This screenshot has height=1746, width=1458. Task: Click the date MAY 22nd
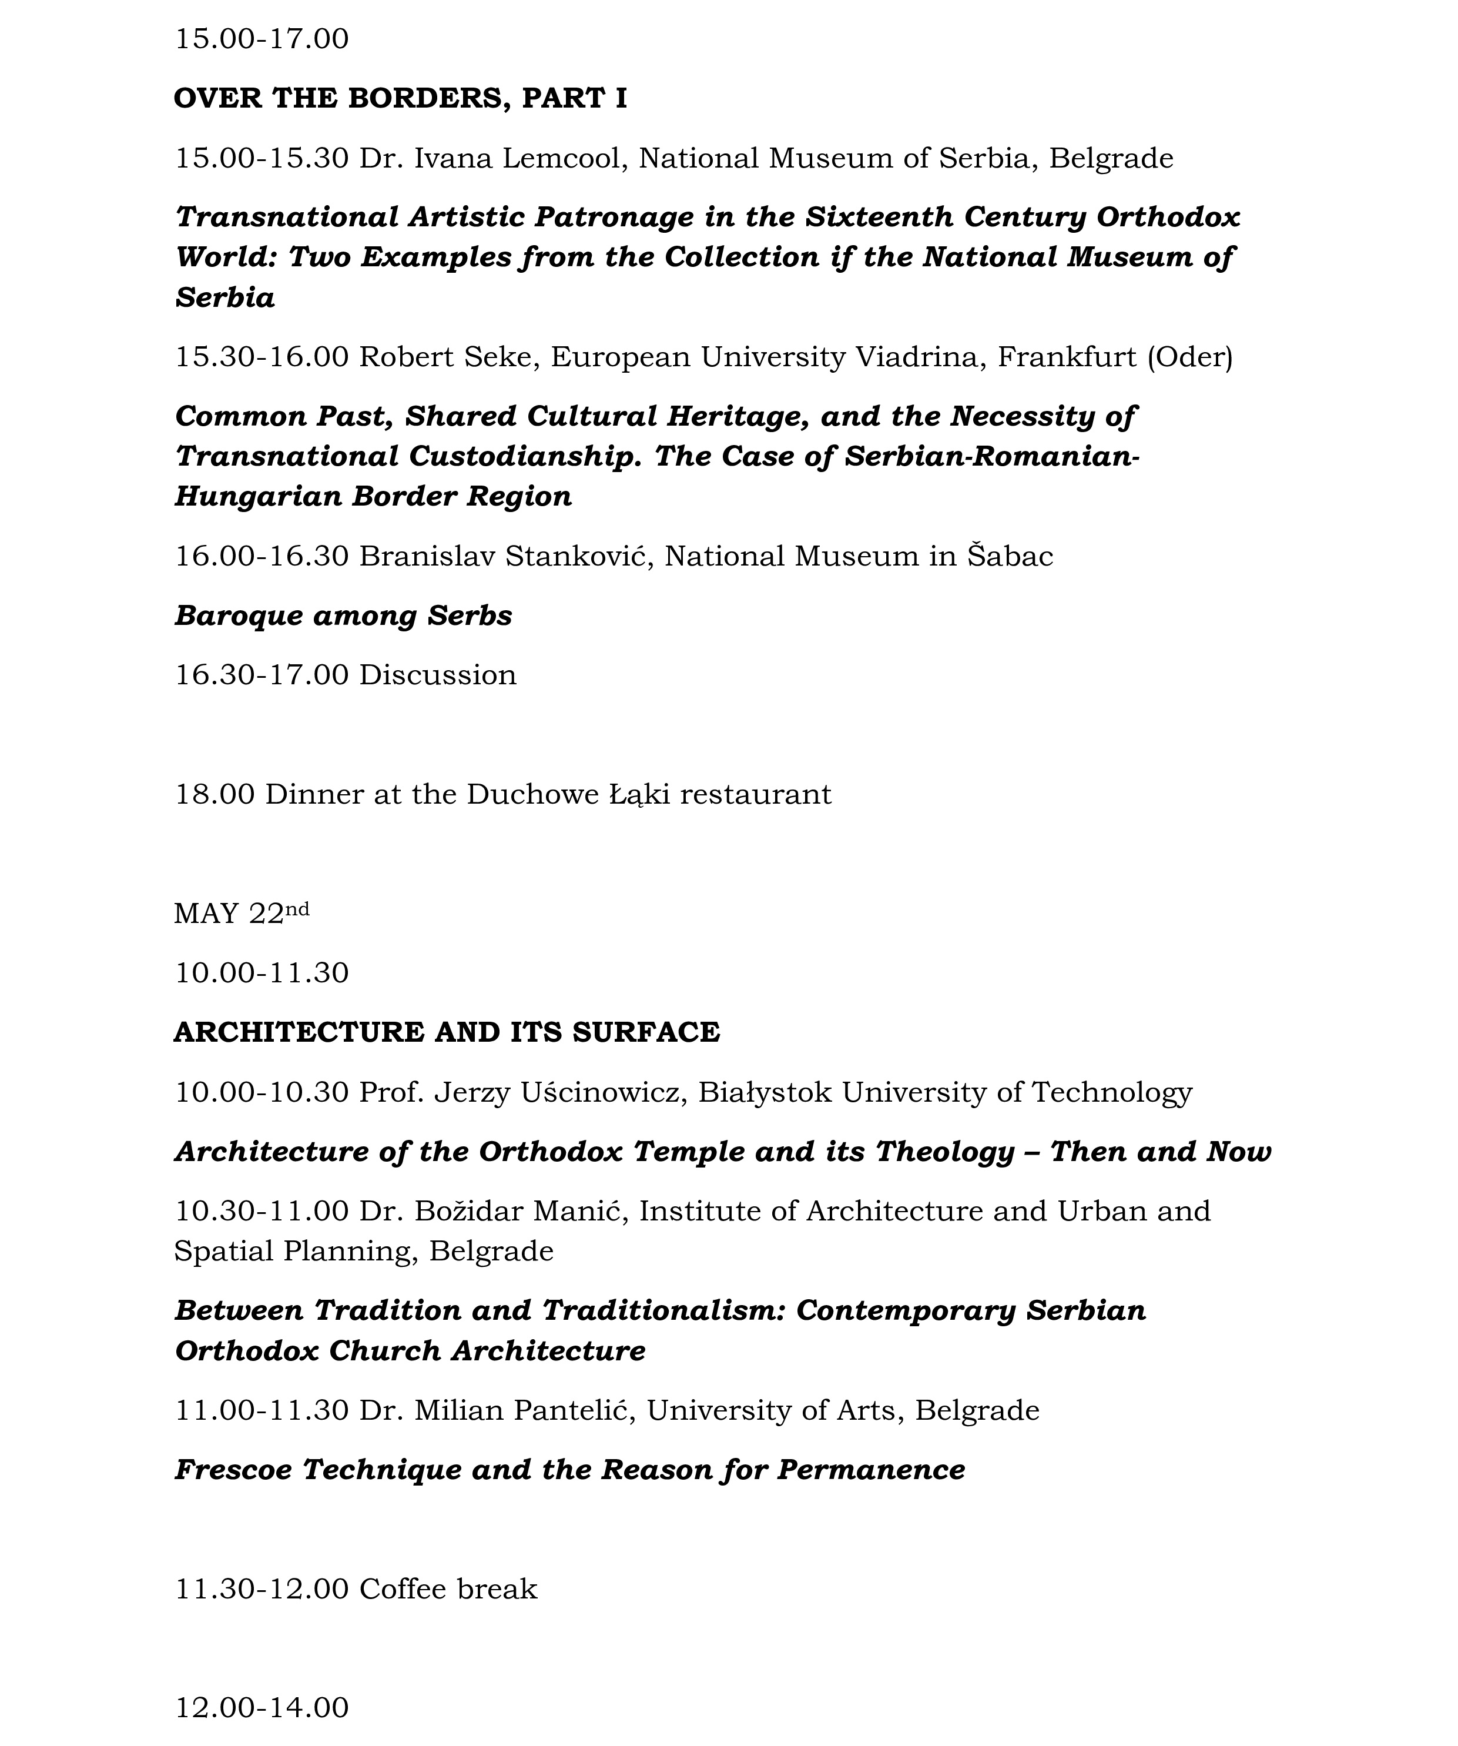pyautogui.click(x=241, y=913)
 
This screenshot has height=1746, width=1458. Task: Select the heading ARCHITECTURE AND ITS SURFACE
pyautogui.click(x=447, y=1033)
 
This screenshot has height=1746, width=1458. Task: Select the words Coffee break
pyautogui.click(x=448, y=1590)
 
